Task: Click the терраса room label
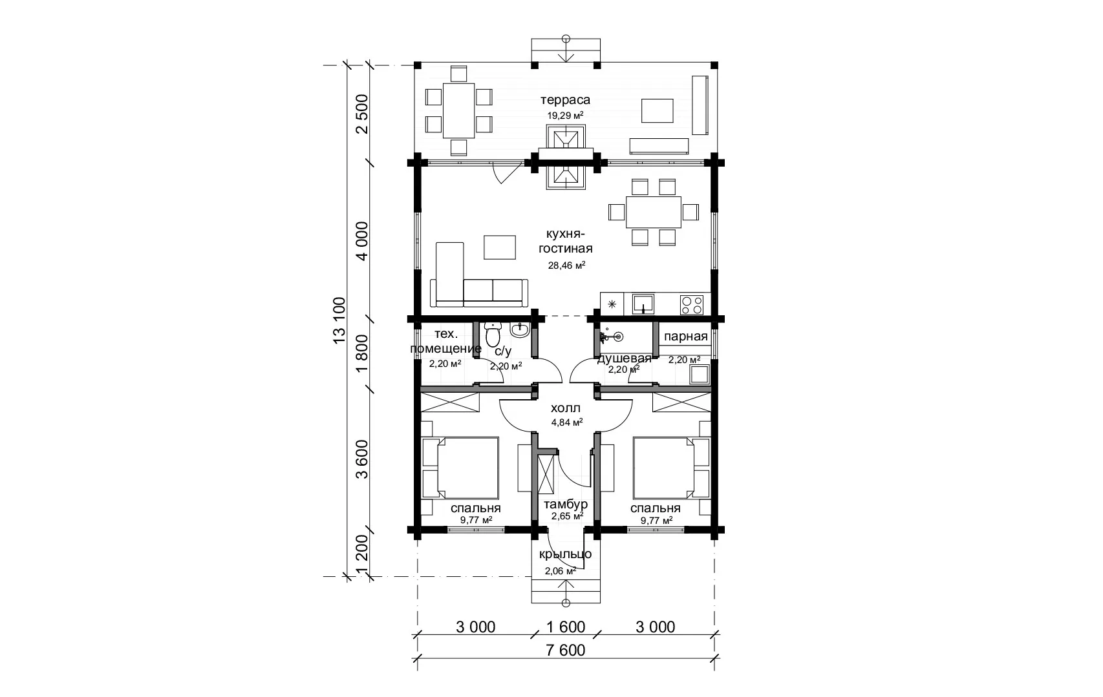tap(565, 100)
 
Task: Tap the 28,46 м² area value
tap(567, 265)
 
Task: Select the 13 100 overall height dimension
tap(339, 320)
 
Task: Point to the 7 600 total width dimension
tap(566, 650)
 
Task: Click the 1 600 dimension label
tap(566, 627)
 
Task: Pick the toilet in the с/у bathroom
tap(493, 334)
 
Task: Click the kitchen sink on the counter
tap(643, 304)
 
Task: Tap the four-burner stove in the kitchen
tap(692, 304)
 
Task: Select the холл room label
tap(565, 408)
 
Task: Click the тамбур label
tap(565, 505)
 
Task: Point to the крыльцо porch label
tap(565, 554)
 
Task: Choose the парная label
tap(685, 337)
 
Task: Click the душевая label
tap(624, 359)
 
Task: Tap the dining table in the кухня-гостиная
tap(654, 212)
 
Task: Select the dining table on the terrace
tap(458, 110)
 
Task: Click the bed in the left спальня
tap(467, 468)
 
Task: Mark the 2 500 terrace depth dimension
tap(362, 114)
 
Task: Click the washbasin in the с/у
tap(519, 329)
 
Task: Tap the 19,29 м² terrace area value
tap(565, 116)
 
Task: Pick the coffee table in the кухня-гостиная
tap(499, 247)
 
